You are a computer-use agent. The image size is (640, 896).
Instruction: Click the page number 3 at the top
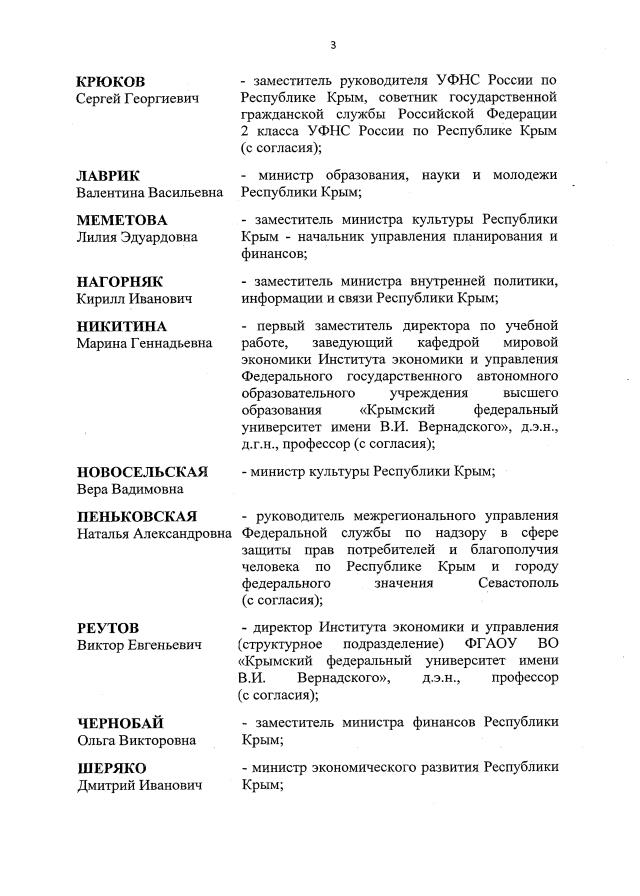point(331,44)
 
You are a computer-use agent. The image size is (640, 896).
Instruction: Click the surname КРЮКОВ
point(111,80)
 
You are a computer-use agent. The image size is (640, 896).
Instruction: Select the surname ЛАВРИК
point(111,175)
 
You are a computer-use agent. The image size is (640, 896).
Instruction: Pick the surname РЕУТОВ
point(109,627)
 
